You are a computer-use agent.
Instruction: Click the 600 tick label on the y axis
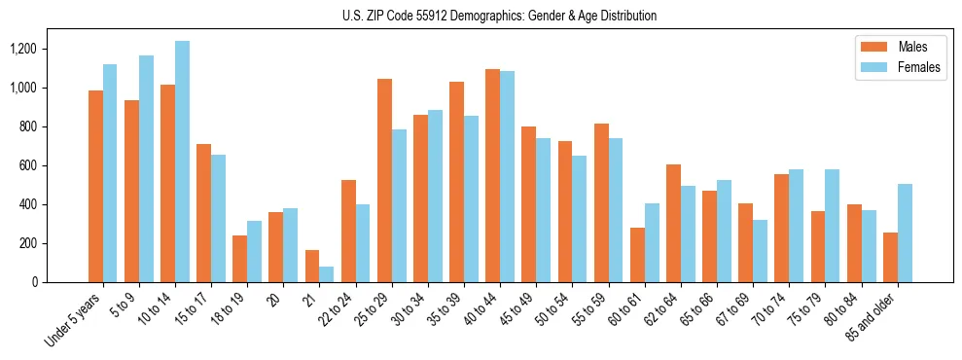pos(28,165)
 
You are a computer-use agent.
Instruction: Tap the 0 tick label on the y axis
pos(34,282)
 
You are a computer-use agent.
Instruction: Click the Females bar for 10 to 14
pos(183,162)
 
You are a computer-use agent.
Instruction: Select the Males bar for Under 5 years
pos(95,186)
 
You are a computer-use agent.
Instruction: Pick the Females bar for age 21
pos(327,274)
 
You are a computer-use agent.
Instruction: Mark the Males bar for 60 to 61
pos(637,255)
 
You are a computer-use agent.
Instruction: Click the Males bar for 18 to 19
pos(240,259)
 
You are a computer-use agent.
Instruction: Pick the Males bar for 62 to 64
pos(673,223)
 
